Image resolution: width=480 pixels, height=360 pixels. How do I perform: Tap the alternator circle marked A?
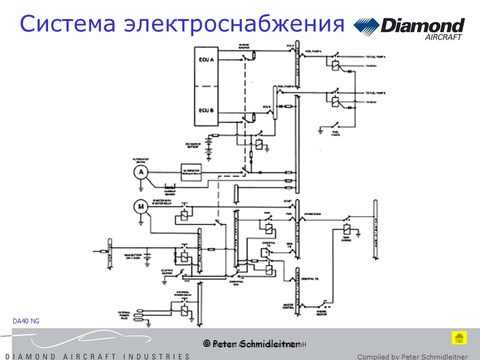pyautogui.click(x=140, y=172)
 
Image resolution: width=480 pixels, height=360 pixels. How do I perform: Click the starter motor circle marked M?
pyautogui.click(x=140, y=207)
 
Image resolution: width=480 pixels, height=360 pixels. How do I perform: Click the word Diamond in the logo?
pyautogui.click(x=422, y=26)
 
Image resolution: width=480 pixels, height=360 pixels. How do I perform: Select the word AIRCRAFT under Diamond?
pyautogui.click(x=443, y=37)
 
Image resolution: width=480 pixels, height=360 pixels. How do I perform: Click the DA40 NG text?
pyautogui.click(x=26, y=322)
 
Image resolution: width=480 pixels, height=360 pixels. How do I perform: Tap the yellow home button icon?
pyautogui.click(x=459, y=338)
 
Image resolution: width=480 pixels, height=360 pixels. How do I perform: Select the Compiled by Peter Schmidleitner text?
pyautogui.click(x=412, y=356)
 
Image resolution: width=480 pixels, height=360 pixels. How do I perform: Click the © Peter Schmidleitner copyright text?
pyautogui.click(x=251, y=344)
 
